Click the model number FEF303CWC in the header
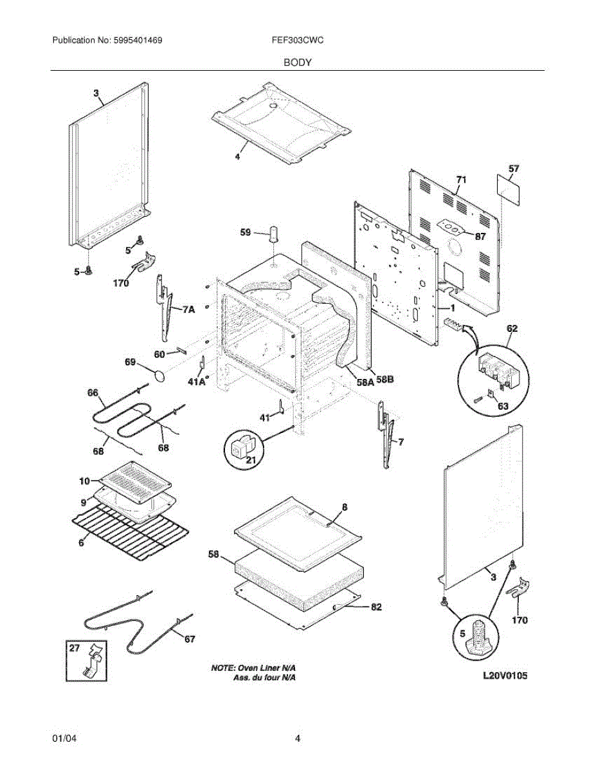tap(297, 40)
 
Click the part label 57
tap(514, 169)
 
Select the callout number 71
tap(461, 179)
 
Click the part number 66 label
tap(93, 392)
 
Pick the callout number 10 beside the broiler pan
tap(85, 481)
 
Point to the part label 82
tap(377, 606)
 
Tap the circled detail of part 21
tap(242, 448)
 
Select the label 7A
tap(188, 309)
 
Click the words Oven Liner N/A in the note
tap(270, 668)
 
